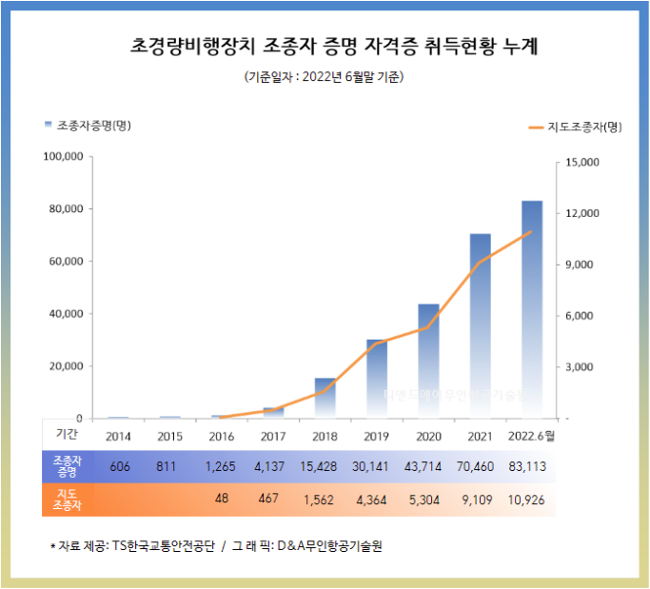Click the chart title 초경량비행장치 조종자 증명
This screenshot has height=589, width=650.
tap(325, 45)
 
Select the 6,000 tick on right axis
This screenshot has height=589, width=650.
tap(580, 316)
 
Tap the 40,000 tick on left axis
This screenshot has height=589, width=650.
tap(66, 313)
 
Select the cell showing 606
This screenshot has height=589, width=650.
tap(119, 466)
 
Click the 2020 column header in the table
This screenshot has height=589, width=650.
tap(428, 436)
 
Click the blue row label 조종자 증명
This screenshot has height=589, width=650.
tap(67, 466)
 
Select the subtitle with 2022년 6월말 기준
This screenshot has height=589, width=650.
tap(325, 77)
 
